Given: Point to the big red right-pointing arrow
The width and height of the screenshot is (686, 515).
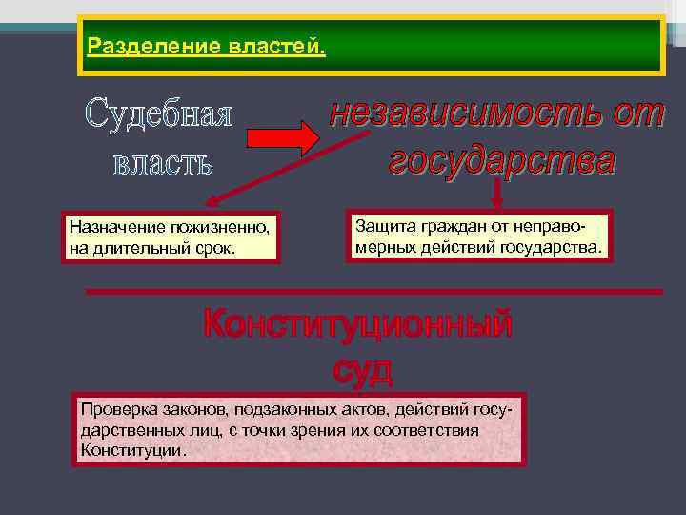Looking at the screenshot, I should click(283, 139).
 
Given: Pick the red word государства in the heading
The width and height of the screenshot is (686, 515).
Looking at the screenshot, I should click(502, 159).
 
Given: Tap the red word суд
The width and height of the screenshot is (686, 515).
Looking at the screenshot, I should click(362, 368).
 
